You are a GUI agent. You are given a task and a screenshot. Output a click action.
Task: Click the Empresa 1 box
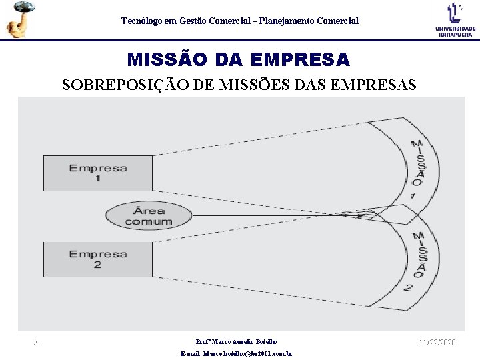pos(98,173)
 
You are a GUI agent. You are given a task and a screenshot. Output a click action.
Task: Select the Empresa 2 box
pos(98,259)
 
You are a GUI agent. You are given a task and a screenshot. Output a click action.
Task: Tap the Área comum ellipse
pos(148,215)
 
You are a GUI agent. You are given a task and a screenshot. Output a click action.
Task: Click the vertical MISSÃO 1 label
pos(415,169)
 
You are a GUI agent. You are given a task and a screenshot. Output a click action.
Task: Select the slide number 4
pos(36,343)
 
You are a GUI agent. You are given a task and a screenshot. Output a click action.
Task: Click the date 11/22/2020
pos(437,342)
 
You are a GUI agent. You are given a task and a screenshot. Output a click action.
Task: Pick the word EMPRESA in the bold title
pos(300,60)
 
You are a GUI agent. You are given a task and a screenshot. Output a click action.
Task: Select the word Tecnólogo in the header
pos(141,21)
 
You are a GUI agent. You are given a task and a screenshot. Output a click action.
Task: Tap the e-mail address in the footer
pos(237,353)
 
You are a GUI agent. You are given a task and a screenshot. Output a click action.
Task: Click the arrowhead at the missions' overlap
pos(360,216)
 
